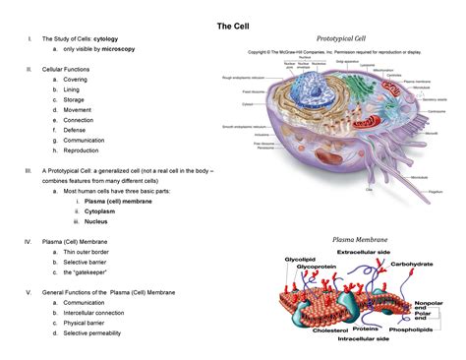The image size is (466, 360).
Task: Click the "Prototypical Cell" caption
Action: click(x=331, y=37)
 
